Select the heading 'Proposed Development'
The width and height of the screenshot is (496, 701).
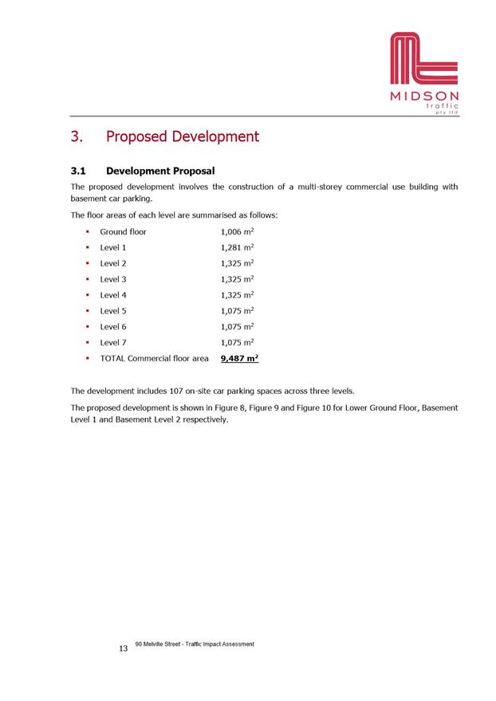click(183, 136)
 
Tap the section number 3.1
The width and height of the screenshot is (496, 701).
click(80, 171)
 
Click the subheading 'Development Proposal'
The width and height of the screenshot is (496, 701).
click(160, 171)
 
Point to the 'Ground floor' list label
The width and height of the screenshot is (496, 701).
click(123, 231)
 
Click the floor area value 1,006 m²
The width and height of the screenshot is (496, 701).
click(237, 231)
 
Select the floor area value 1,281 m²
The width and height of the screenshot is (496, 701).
click(237, 247)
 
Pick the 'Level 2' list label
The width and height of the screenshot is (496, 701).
click(113, 263)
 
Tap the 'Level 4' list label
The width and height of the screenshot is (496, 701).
click(113, 295)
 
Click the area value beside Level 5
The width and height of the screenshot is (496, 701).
click(237, 311)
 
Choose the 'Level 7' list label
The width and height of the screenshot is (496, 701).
click(113, 343)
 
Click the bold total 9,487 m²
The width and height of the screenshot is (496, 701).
click(238, 359)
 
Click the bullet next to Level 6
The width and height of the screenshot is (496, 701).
click(85, 327)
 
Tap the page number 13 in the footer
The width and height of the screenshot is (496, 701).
click(123, 649)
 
